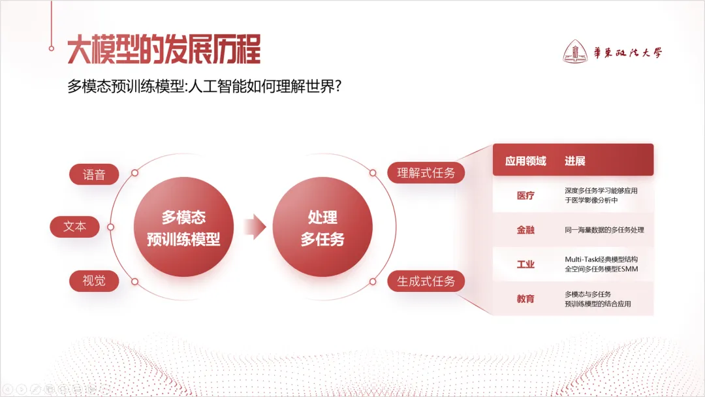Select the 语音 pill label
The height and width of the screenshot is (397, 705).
94,174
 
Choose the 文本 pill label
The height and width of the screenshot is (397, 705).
75,227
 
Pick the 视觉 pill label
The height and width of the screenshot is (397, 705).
94,281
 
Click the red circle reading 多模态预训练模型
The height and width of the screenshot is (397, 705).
183,227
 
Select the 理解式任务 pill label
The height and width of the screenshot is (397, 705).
426,173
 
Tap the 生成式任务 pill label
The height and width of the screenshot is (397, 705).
426,281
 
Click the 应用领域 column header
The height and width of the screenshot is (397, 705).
525,161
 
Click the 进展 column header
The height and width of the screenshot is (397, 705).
575,161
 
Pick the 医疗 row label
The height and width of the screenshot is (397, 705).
525,195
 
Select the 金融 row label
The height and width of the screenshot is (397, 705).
525,230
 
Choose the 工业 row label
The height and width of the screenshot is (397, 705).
525,264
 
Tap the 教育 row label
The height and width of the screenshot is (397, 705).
525,298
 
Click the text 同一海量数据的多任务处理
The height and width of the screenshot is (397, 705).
604,230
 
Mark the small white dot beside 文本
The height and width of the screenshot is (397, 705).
111,227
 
